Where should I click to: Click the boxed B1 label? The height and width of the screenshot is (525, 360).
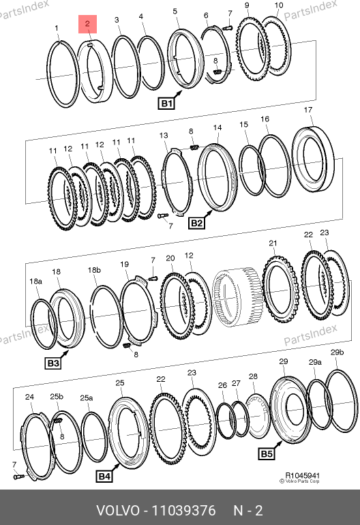click(x=166, y=103)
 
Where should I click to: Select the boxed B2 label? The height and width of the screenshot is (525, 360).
click(x=196, y=223)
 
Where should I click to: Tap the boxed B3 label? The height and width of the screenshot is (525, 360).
click(x=53, y=363)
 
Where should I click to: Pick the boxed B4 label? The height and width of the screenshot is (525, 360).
click(x=104, y=476)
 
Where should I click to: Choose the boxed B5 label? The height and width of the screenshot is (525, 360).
click(x=267, y=453)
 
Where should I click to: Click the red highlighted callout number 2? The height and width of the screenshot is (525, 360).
click(x=87, y=24)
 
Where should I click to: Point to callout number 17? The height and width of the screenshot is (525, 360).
click(x=307, y=110)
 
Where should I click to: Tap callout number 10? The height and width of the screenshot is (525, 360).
click(x=279, y=5)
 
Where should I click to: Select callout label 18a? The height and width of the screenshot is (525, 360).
click(x=35, y=281)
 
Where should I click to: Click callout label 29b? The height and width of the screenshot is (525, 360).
click(x=337, y=352)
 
